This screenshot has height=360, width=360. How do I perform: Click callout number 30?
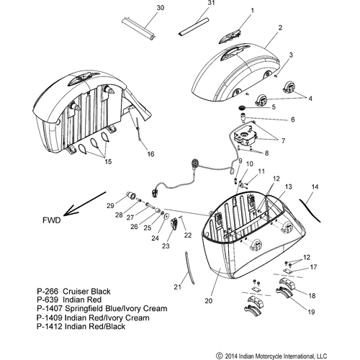pos(161,8)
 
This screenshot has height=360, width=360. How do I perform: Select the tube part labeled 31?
pos(193,27)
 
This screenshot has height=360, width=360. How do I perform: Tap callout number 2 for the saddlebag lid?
pos(280,28)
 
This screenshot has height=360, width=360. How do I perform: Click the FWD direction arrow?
pos(85,203)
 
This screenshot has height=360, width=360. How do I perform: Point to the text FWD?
pos(52,220)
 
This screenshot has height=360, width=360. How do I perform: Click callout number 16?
pos(150,154)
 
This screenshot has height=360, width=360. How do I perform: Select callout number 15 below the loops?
pos(108,161)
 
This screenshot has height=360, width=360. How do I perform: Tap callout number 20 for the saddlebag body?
pos(209,301)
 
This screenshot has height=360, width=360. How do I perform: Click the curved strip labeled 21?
pos(189,268)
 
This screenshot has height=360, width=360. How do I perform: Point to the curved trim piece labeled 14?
pos(310,210)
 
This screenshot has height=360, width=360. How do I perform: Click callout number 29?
pos(110,206)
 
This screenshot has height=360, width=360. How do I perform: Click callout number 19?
pos(311,312)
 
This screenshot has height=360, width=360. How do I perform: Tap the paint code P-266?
pos(48,292)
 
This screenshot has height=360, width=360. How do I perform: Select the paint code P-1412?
pos(50,326)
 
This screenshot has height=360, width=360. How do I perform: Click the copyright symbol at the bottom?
pos(220,356)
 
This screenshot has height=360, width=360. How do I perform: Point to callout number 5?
pos(274,107)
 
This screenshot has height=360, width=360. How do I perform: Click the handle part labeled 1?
pos(230,37)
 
